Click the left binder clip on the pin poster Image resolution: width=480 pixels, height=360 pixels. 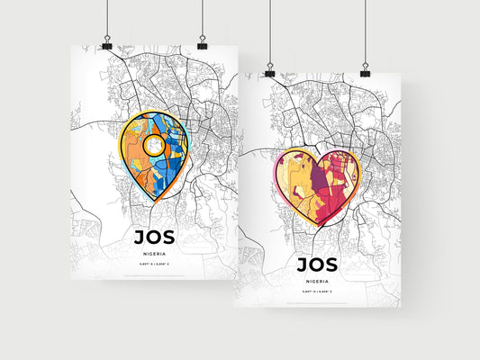pos(107,43)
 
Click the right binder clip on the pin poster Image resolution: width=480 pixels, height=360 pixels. pos(202,43)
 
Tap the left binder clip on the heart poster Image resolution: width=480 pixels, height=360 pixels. pos(269,69)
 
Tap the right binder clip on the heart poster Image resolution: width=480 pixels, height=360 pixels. pos(366,69)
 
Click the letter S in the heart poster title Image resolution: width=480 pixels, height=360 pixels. pos(331,265)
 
